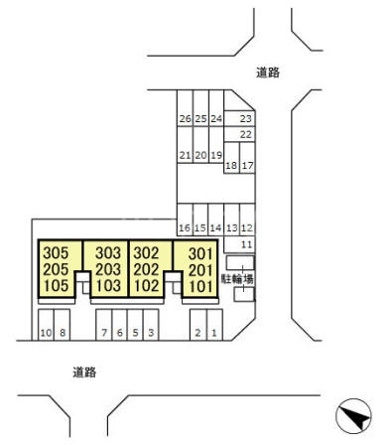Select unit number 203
107,269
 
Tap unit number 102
146,285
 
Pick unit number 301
200,253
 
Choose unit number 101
200,285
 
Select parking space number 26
185,118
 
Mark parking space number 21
185,155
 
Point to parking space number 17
248,166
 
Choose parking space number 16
185,227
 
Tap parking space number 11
246,243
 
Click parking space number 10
45,333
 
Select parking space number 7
103,333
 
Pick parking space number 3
150,333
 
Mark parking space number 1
213,333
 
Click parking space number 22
246,134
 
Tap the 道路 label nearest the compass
84,372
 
